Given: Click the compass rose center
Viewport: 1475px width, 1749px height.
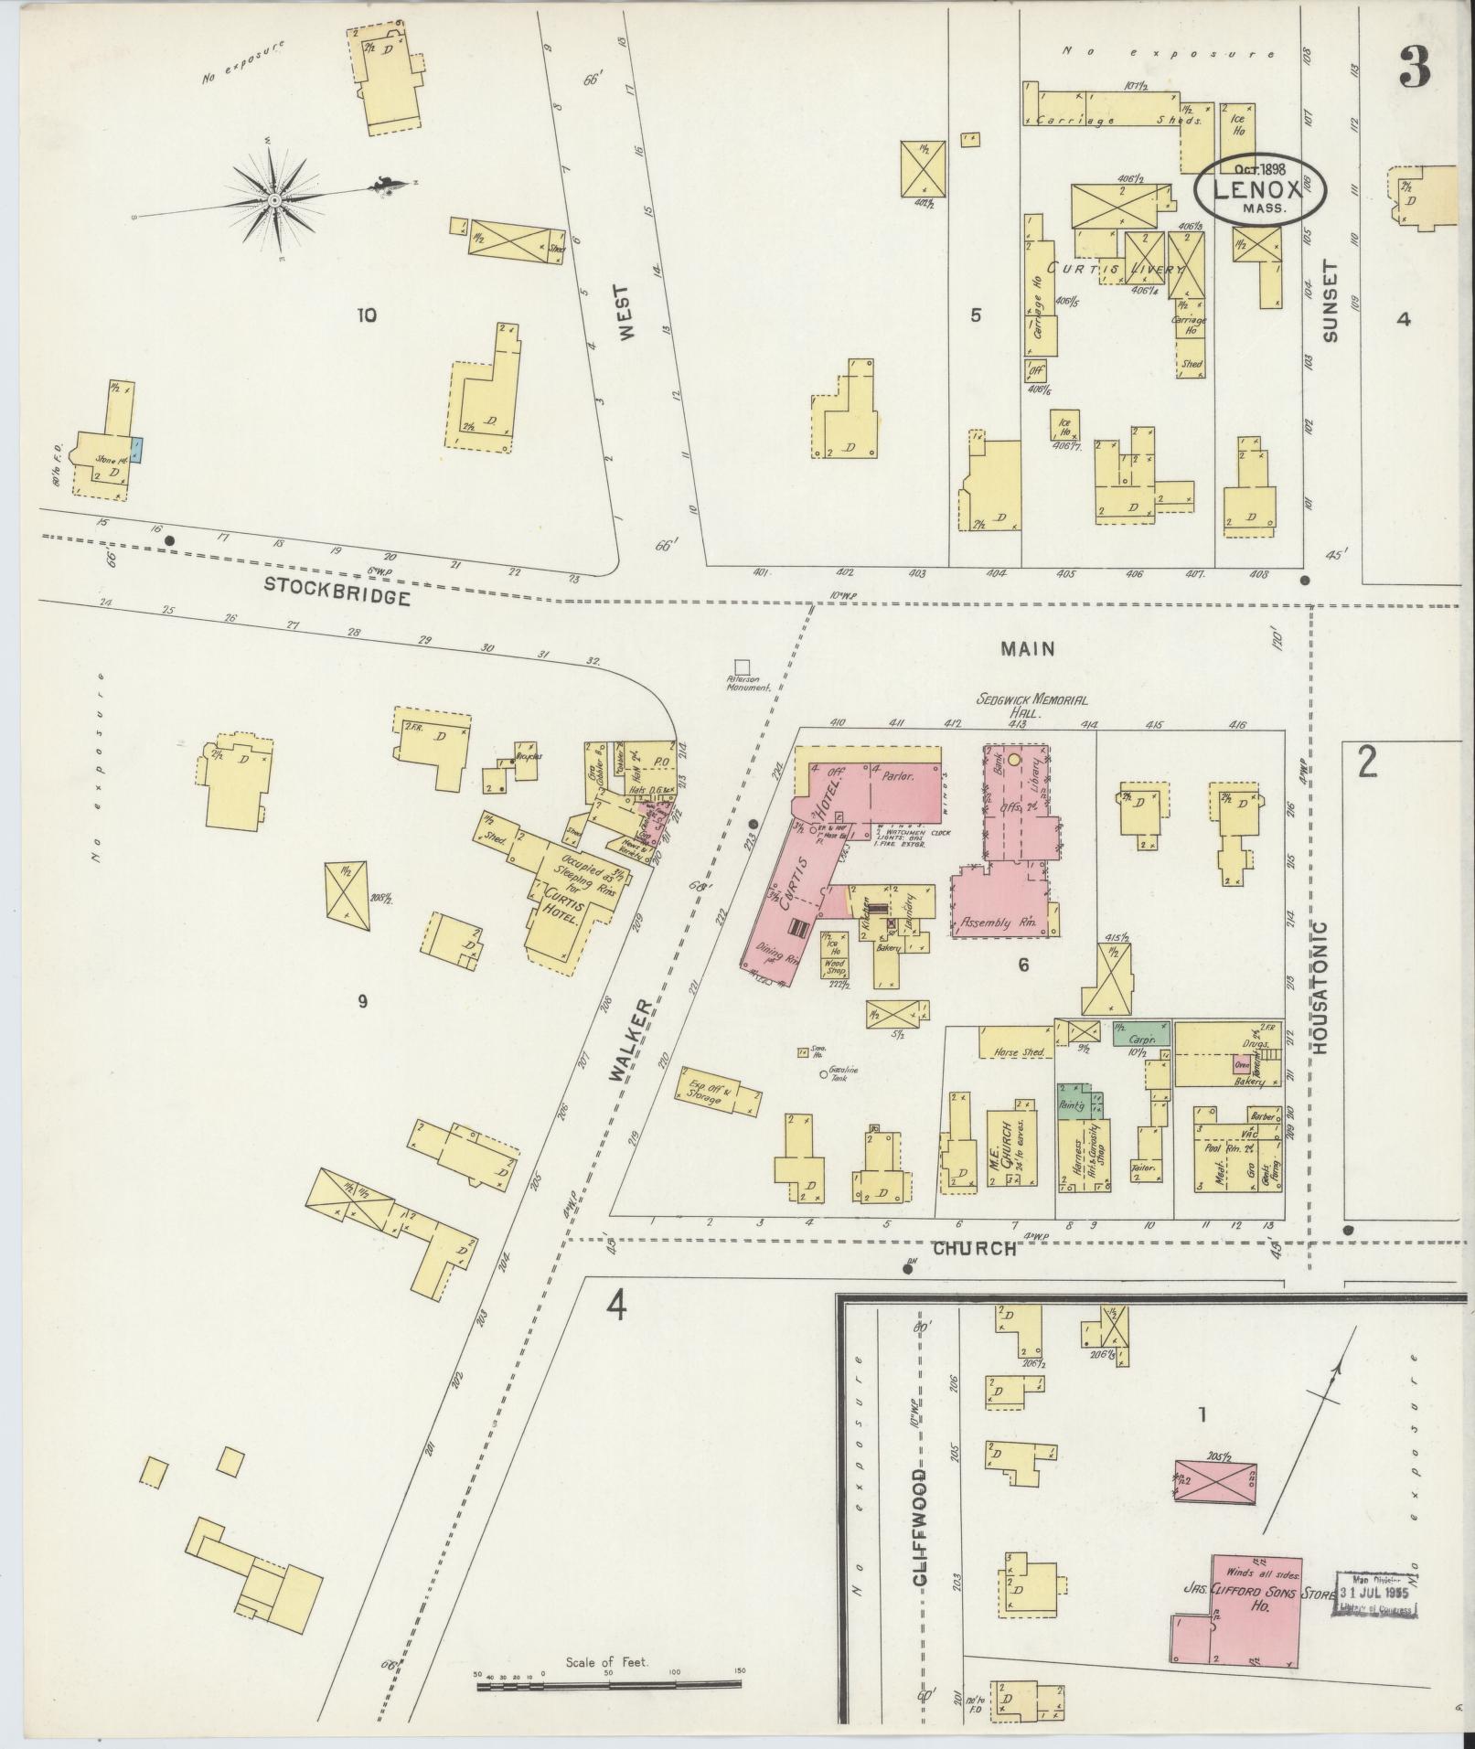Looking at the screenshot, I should point(274,199).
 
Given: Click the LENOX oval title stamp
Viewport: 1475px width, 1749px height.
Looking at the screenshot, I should point(1259,189).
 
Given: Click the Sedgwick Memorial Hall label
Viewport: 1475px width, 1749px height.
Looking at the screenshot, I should point(1031,705).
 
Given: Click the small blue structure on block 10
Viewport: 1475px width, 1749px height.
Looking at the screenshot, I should point(137,449).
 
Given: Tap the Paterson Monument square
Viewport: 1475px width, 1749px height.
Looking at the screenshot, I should point(742,668).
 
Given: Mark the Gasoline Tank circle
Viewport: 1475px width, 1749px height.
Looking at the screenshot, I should point(823,1075).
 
